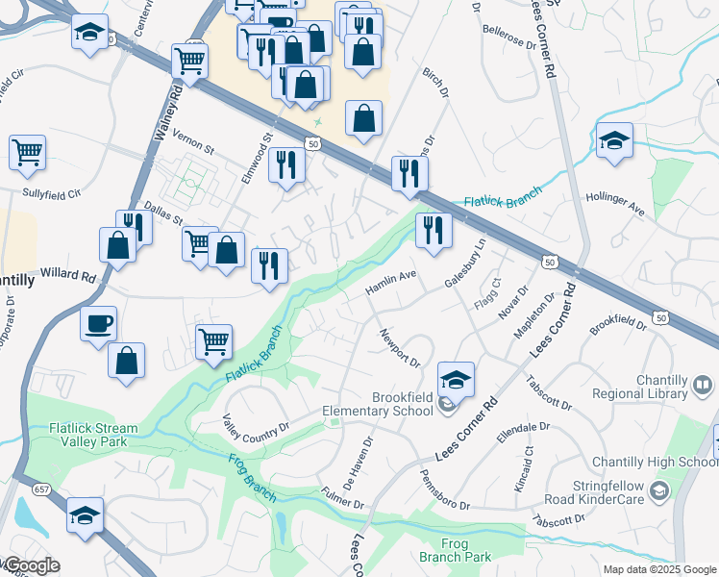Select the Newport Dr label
click(x=401, y=348)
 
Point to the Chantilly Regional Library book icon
click(x=703, y=387)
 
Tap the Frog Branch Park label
click(x=455, y=550)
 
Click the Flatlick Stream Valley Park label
click(x=94, y=435)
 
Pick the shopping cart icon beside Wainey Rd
click(x=189, y=61)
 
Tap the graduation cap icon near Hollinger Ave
click(x=614, y=141)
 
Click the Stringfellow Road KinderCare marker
click(x=658, y=492)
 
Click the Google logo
click(x=31, y=565)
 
